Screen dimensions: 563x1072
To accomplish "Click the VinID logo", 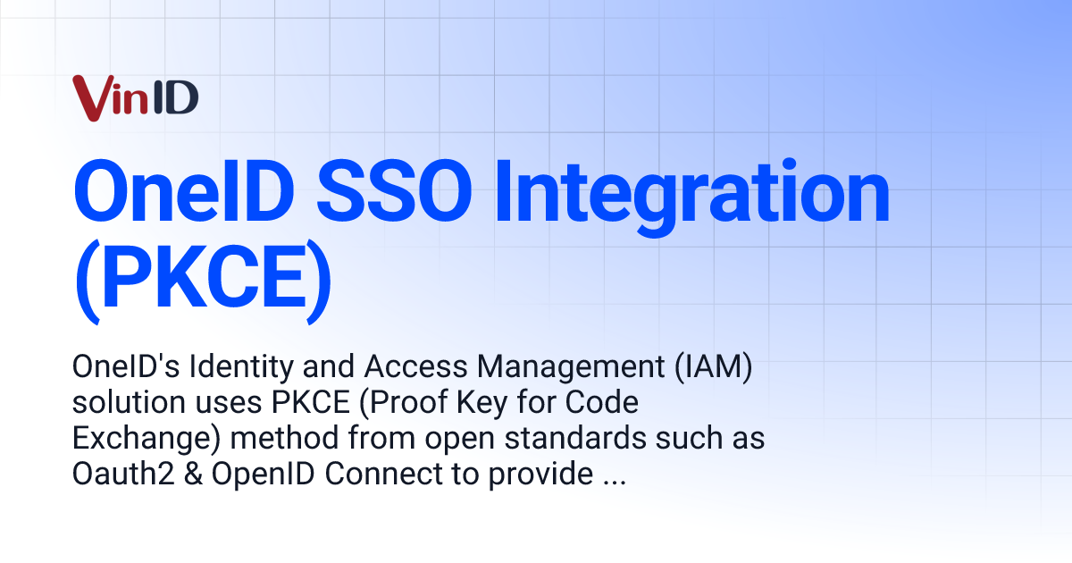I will [x=135, y=97].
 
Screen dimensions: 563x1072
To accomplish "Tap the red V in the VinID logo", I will [x=90, y=97].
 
